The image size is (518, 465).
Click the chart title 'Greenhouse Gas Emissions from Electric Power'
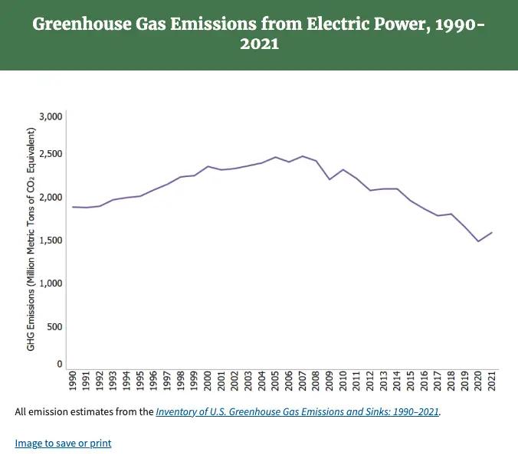pyautogui.click(x=258, y=24)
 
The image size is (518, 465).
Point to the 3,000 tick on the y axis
pyautogui.click(x=50, y=116)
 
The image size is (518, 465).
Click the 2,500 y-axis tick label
pyautogui.click(x=50, y=154)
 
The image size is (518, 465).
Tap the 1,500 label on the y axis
pyautogui.click(x=50, y=241)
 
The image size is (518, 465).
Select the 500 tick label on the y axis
pyautogui.click(x=54, y=327)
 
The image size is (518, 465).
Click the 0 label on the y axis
pyautogui.click(x=59, y=365)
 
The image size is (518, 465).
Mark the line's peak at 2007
pyautogui.click(x=303, y=156)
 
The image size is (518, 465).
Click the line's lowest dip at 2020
pyautogui.click(x=478, y=241)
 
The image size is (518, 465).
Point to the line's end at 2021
pyautogui.click(x=492, y=232)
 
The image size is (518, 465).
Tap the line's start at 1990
pyautogui.click(x=73, y=207)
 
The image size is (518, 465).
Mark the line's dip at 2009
pyautogui.click(x=329, y=179)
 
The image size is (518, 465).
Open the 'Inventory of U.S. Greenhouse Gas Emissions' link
pyautogui.click(x=297, y=412)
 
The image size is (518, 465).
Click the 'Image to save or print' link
pyautogui.click(x=63, y=443)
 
